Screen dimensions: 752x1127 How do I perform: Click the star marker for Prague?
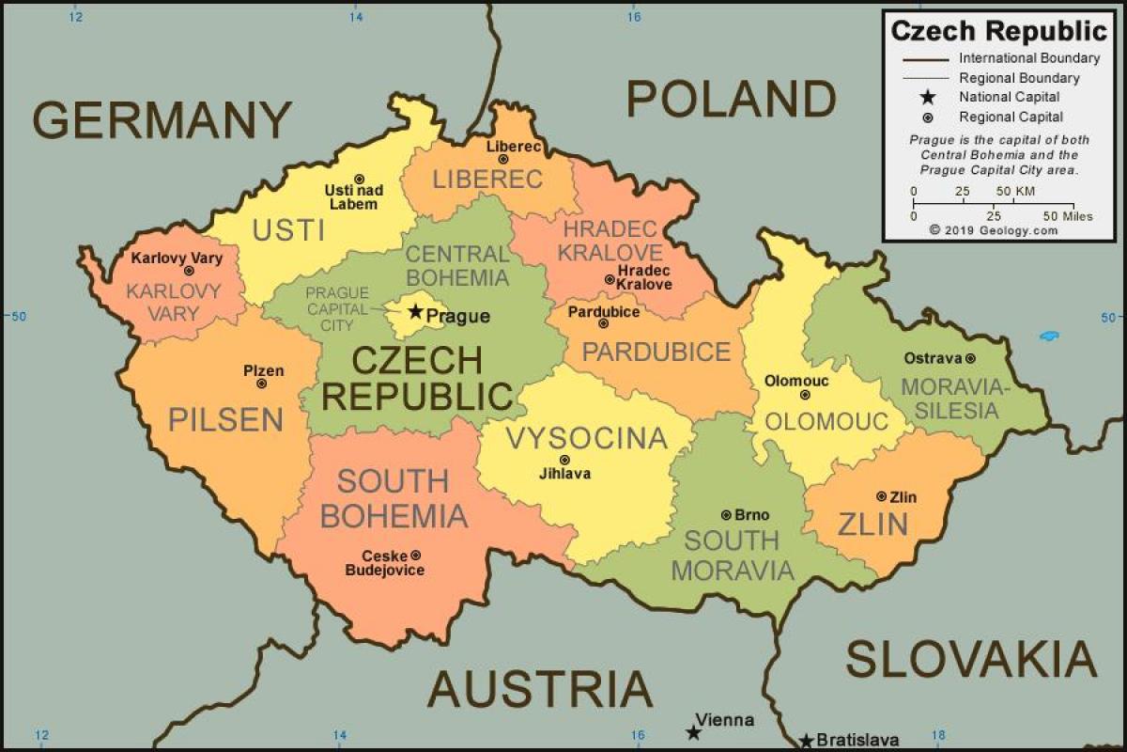[415, 311]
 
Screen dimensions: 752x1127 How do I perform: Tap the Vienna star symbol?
[693, 732]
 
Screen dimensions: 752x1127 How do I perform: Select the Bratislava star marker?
[806, 741]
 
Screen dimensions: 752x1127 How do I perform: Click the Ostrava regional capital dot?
[970, 358]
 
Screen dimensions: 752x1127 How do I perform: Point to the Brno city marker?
[726, 514]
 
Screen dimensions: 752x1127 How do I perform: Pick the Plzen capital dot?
[261, 384]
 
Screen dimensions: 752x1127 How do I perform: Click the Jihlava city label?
[564, 474]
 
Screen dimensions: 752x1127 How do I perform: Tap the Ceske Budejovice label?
[384, 562]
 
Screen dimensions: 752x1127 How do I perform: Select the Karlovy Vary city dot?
[188, 271]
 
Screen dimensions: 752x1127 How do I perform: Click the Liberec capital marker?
[503, 160]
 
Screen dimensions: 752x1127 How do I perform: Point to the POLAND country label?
[731, 99]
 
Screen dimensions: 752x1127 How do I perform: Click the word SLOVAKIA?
[971, 659]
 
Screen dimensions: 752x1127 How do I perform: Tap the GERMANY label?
[162, 120]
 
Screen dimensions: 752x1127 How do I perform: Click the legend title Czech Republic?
[999, 31]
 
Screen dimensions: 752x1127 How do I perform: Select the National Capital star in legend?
[928, 97]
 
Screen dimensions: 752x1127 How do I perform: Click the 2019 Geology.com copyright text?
[993, 229]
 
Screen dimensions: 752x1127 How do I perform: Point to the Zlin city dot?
[881, 495]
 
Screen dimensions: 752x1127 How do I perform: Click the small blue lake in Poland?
[1050, 336]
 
